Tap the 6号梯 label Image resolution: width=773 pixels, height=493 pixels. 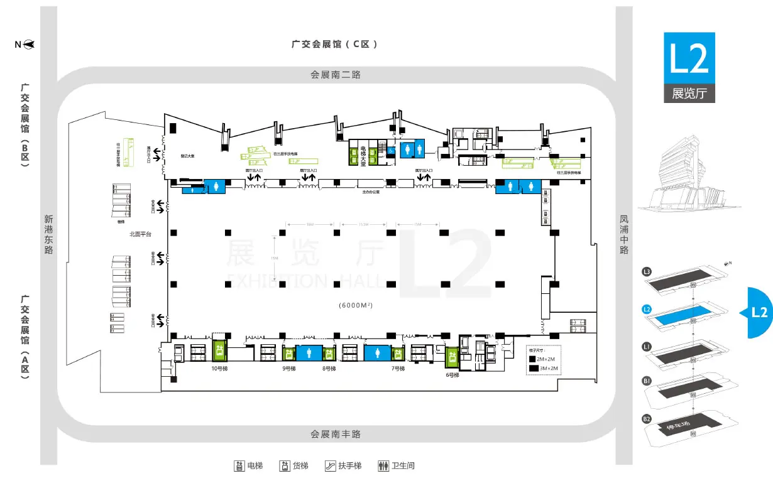tap(453, 375)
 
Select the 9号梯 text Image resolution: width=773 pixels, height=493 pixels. tap(289, 369)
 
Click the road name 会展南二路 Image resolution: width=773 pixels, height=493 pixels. tap(336, 75)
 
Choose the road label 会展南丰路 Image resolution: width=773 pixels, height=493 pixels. tap(336, 434)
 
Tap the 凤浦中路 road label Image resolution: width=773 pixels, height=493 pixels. tap(624, 235)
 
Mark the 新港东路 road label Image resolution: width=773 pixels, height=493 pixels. tap(48, 235)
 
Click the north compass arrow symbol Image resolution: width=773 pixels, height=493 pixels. tap(28, 45)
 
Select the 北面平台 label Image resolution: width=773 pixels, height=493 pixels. tap(141, 234)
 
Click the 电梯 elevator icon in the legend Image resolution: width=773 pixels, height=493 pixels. tap(239, 466)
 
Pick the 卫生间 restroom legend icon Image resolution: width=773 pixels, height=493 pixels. tap(383, 466)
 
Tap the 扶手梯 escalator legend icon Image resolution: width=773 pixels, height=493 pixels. tap(330, 466)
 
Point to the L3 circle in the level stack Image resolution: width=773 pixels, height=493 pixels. tap(647, 272)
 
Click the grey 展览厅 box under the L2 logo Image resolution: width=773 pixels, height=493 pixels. tap(689, 94)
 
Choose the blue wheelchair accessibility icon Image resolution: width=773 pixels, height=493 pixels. tap(389, 150)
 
